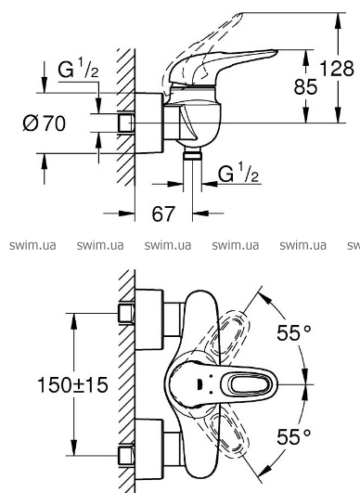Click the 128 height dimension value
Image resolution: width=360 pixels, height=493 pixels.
(x=337, y=69)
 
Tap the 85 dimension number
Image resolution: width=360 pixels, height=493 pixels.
(x=305, y=86)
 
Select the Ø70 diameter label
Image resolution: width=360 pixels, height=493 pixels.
(x=45, y=123)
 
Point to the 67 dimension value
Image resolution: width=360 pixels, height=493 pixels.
(x=162, y=214)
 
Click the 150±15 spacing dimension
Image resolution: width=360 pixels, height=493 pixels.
(x=72, y=384)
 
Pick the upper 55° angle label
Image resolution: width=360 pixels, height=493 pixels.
(x=294, y=332)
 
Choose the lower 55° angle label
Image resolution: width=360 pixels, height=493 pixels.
(x=293, y=436)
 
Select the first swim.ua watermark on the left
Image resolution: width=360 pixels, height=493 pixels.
(x=32, y=245)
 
